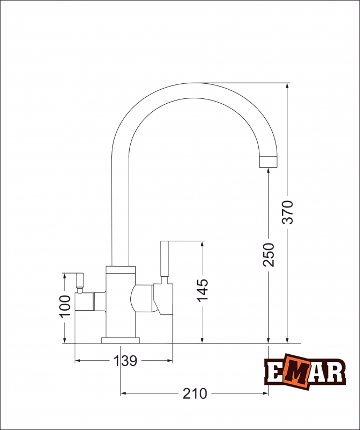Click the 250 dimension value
pos(269,254)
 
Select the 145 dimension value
pos(202,291)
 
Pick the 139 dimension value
pos(125,361)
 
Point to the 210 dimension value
pos(194,393)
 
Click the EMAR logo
pos(304,370)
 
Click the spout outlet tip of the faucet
pos(269,162)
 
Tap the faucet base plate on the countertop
pos(121,340)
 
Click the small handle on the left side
pos(80,280)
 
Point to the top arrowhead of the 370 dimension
pos(288,87)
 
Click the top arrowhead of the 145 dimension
pos(202,245)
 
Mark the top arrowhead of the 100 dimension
pos(65,276)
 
